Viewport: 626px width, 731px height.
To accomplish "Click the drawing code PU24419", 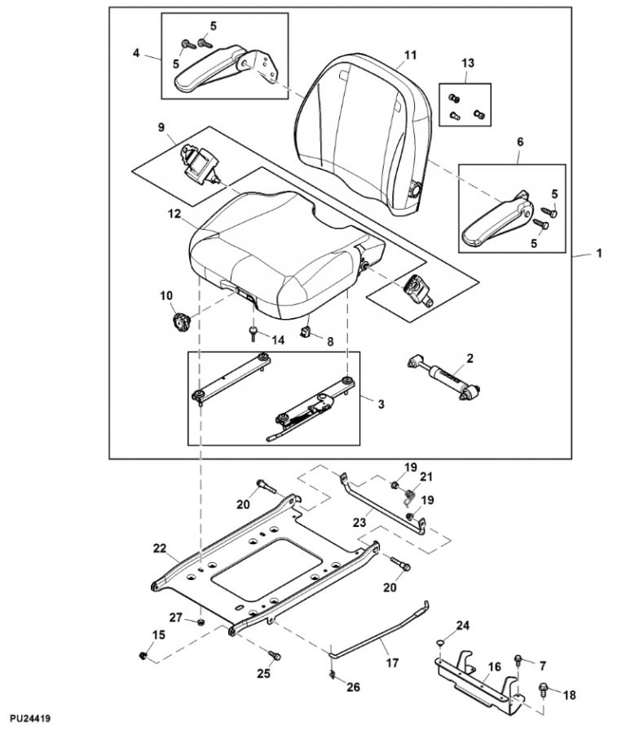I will (x=27, y=719).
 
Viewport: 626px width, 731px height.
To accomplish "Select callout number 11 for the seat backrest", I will (x=410, y=55).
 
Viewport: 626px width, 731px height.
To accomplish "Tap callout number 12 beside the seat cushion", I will (x=174, y=214).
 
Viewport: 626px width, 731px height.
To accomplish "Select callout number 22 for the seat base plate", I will (x=159, y=549).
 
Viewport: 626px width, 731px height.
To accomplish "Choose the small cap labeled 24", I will (x=440, y=642).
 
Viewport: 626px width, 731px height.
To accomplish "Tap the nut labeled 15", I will (x=143, y=655).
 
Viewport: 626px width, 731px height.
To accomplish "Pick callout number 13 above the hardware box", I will (x=466, y=64).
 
